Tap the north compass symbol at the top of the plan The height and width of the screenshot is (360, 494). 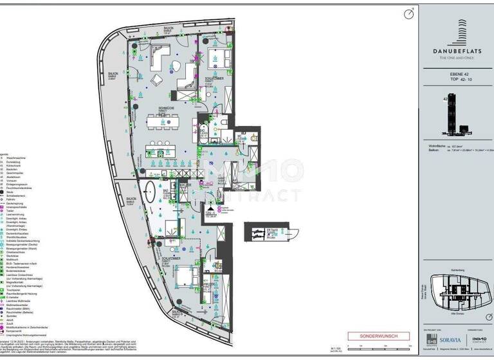(407, 13)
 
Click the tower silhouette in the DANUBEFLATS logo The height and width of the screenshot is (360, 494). (457, 30)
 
